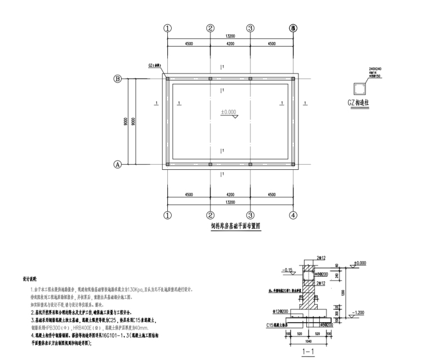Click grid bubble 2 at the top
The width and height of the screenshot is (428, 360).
(209, 28)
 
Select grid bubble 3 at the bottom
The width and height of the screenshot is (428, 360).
(251, 214)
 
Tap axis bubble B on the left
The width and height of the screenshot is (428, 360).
(118, 79)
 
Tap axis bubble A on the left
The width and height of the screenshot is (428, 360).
(118, 165)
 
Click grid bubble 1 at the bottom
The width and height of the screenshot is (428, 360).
(167, 214)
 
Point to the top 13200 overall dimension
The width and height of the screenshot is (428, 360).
(230, 36)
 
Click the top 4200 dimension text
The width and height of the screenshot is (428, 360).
(230, 43)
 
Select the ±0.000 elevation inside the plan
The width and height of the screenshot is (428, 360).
(229, 112)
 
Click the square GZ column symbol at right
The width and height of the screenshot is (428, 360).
(357, 89)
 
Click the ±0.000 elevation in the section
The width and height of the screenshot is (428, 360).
(360, 263)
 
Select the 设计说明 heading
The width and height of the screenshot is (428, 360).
(30, 278)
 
